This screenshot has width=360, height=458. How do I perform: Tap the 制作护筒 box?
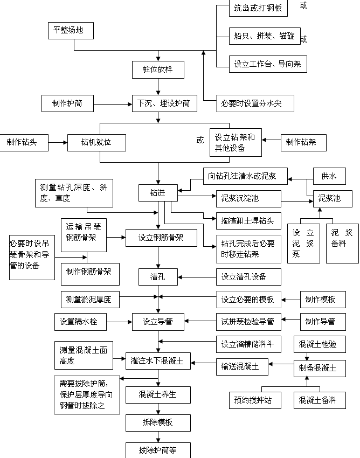68,103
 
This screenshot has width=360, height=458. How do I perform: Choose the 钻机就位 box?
96,142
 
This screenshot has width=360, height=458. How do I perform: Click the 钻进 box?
158,192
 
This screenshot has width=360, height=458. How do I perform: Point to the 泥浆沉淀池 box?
248,198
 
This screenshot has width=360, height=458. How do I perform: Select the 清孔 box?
158,277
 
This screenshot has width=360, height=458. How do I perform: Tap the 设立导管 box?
158,322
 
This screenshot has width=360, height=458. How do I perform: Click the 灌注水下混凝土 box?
158,361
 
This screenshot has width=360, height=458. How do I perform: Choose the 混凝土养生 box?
158,394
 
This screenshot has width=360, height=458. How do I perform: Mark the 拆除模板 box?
158,422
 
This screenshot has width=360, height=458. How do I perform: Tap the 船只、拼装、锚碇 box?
264,36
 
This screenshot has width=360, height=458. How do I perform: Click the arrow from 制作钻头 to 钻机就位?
57,143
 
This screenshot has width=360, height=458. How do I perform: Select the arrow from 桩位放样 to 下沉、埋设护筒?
158,86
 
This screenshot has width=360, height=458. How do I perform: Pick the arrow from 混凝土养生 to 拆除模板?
158,408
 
